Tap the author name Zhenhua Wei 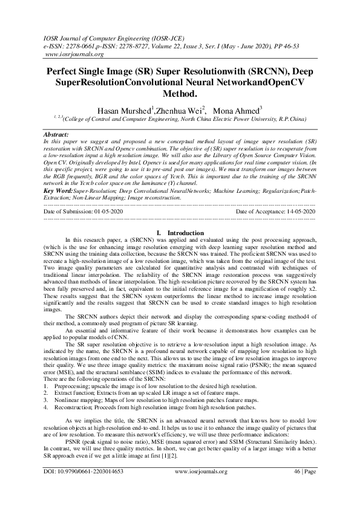tap(179, 110)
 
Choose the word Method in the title tap(180, 94)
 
